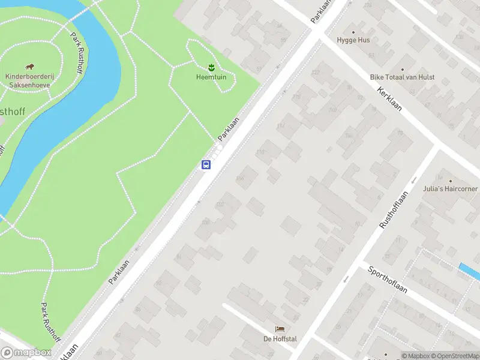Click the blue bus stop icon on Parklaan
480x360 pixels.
click(x=206, y=164)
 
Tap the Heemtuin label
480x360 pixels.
click(x=211, y=77)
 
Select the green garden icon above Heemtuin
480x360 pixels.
click(x=211, y=67)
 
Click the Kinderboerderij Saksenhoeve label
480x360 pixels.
click(x=28, y=81)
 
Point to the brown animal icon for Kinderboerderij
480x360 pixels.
click(x=29, y=67)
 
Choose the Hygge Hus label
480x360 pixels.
click(x=353, y=40)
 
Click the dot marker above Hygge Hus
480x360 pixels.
click(x=353, y=32)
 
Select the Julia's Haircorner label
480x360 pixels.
click(x=449, y=189)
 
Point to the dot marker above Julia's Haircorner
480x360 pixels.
click(x=449, y=181)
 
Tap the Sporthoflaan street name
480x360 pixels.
click(x=388, y=280)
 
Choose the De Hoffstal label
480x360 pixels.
click(x=280, y=339)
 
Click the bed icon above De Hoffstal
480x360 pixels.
click(x=280, y=329)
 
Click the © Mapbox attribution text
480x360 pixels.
click(x=416, y=356)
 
